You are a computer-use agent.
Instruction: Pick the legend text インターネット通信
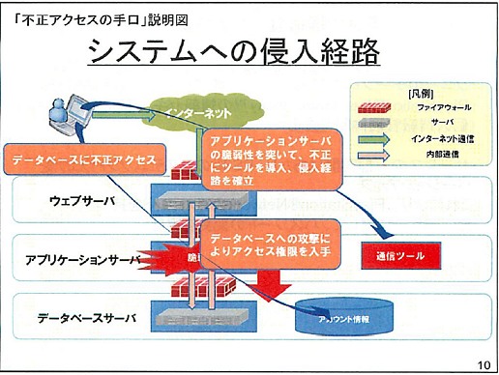pyautogui.click(x=426, y=139)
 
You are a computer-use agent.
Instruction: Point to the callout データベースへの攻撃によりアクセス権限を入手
pyautogui.click(x=274, y=241)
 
